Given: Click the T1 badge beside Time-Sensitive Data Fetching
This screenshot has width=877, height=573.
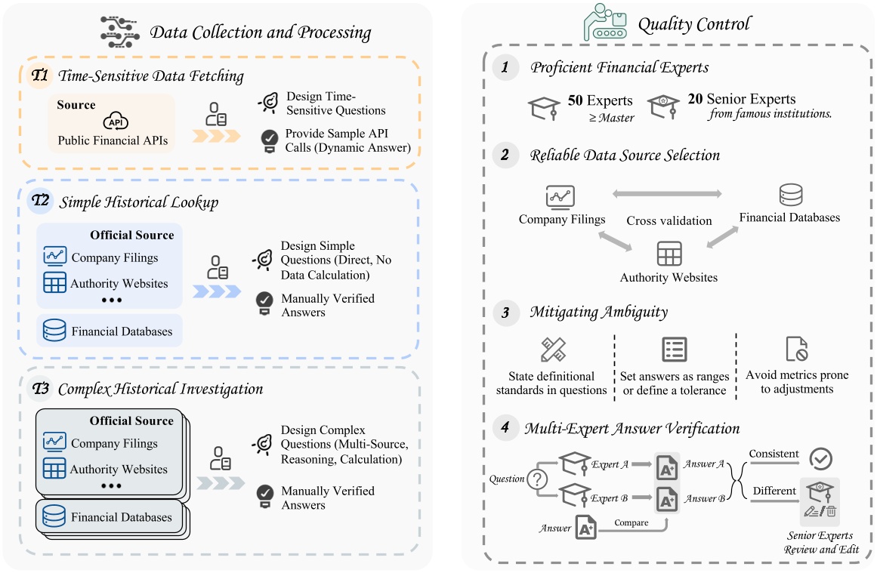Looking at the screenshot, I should (x=39, y=75).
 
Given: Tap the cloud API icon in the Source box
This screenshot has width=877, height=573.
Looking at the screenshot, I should (x=113, y=123).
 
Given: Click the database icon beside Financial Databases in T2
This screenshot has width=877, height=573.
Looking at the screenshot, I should (x=54, y=331).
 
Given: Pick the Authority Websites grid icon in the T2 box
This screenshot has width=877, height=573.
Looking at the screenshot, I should (x=54, y=284).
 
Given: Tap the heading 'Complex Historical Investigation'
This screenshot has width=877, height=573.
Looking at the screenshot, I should (x=160, y=390).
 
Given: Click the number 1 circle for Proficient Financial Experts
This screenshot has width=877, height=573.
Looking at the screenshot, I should (x=505, y=68).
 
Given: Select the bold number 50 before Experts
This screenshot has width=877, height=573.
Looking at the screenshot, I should (x=575, y=100).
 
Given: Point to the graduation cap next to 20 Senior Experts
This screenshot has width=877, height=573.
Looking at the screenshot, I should (x=664, y=105).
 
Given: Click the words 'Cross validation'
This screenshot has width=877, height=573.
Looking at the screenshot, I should (x=669, y=221).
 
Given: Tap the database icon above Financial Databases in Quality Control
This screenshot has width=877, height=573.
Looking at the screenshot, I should (x=790, y=196).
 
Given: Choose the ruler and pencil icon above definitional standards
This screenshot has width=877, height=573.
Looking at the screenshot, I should (x=553, y=350).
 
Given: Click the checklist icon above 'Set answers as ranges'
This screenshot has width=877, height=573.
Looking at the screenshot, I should (x=674, y=350).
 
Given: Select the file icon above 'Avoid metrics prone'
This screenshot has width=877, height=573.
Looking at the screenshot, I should (x=796, y=350).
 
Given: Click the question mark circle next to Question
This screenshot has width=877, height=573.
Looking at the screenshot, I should (x=536, y=479).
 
